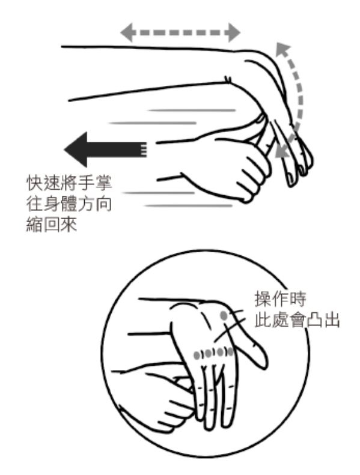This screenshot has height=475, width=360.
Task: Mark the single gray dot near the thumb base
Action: click(x=224, y=315)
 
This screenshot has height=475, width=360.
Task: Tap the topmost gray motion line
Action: click(x=190, y=110)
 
